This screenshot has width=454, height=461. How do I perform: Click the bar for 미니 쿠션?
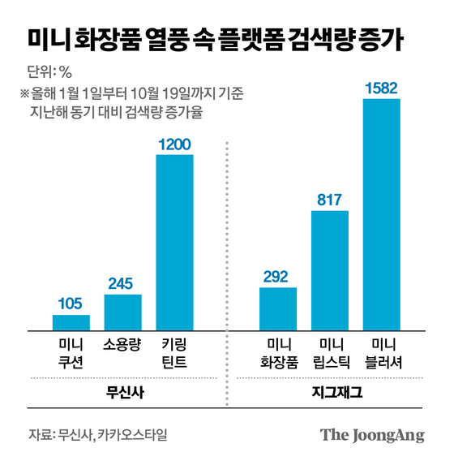(x=71, y=322)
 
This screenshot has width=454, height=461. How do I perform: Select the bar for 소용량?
(x=123, y=312)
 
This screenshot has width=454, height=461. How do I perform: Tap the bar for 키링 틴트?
(x=174, y=242)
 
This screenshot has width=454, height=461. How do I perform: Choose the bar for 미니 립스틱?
(x=330, y=270)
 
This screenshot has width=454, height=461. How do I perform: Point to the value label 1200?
(x=174, y=144)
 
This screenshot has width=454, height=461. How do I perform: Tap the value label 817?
(x=330, y=200)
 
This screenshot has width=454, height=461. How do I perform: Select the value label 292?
(x=278, y=277)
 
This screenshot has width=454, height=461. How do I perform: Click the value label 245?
(x=123, y=283)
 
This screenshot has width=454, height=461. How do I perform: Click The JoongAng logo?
(x=372, y=434)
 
